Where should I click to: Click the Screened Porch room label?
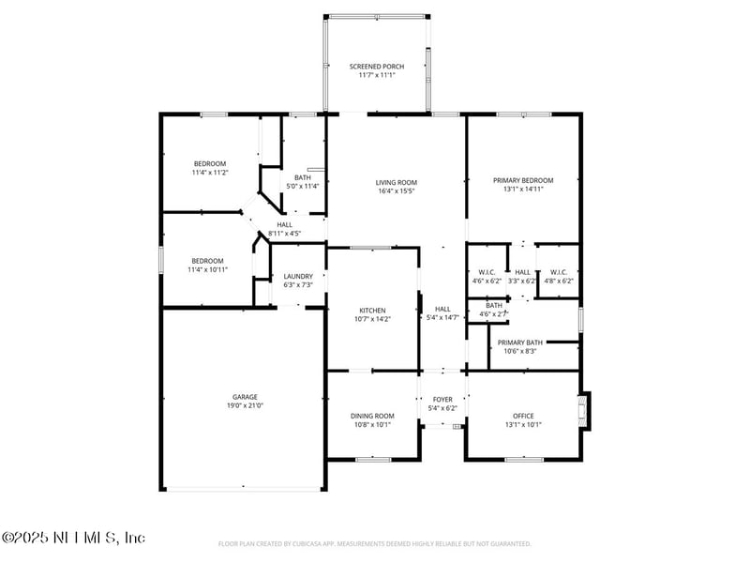[375, 67]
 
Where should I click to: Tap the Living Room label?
[396, 182]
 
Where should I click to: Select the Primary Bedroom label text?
[523, 180]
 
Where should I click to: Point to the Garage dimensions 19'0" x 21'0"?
[246, 405]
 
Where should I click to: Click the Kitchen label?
[372, 311]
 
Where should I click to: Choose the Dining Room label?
[372, 416]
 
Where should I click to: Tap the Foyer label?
[442, 400]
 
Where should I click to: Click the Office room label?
[523, 416]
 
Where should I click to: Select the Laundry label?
[297, 275]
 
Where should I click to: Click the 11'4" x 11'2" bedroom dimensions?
[210, 173]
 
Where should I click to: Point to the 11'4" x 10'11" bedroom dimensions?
[208, 269]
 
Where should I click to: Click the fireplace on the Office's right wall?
[585, 411]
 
